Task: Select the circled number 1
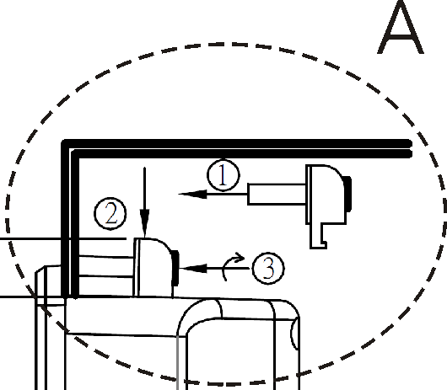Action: point(223,175)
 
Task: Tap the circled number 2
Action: point(110,214)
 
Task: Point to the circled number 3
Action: point(268,268)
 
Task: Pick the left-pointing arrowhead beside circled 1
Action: point(192,194)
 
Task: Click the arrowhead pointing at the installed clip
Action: point(193,268)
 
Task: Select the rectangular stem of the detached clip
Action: point(277,195)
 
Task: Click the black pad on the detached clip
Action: point(347,194)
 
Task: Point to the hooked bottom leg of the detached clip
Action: point(318,237)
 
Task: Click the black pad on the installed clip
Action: point(175,268)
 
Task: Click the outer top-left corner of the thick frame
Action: point(62,141)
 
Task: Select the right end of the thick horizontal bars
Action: point(410,148)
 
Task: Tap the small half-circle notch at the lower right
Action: point(294,334)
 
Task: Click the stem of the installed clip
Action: point(106,267)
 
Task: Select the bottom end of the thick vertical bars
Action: point(70,296)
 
